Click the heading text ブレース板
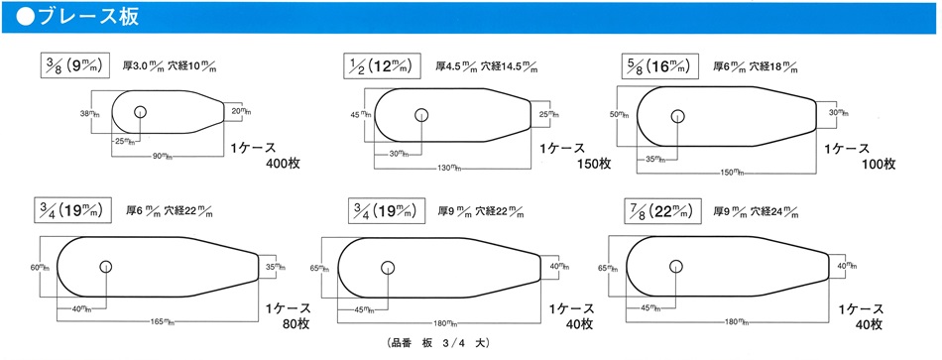point(89,16)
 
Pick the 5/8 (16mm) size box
point(659,65)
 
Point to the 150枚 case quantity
point(593,164)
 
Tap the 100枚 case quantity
point(878,164)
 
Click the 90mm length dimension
point(161,157)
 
